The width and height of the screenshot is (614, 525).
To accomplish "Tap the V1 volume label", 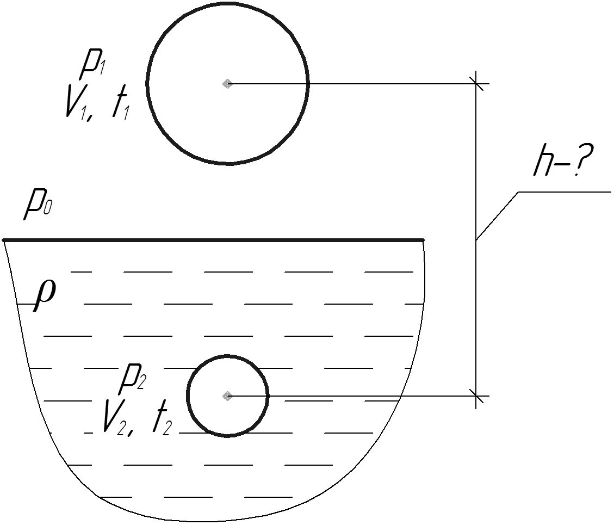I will point(76,104).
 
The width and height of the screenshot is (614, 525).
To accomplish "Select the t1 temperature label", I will point(120,106).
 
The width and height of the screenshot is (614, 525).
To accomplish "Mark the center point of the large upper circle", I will point(227,84).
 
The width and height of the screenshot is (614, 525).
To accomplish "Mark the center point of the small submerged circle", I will point(227,396).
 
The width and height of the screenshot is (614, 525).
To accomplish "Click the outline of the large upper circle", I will point(308,84).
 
